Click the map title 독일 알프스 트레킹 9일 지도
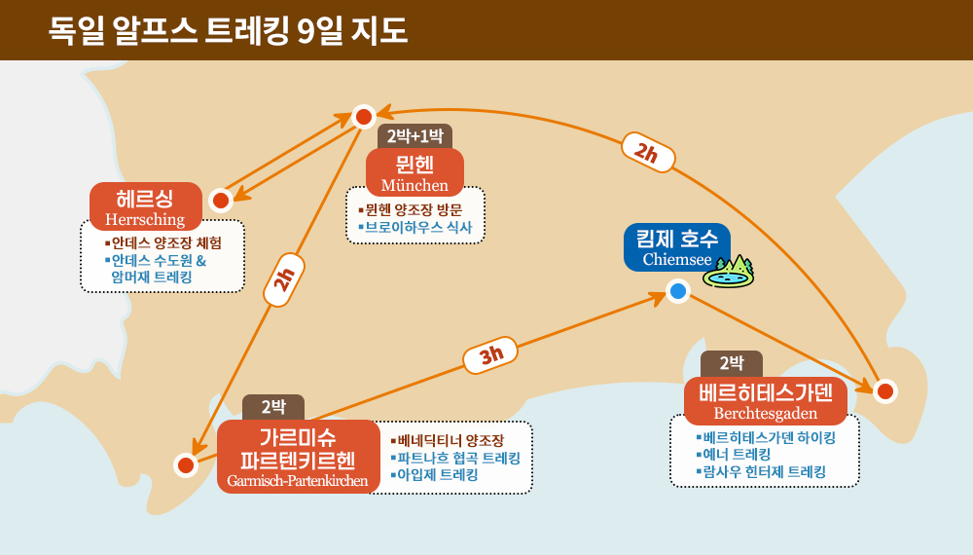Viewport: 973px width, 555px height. click(229, 30)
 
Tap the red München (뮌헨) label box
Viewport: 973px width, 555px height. click(414, 172)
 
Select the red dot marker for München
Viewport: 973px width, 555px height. click(364, 117)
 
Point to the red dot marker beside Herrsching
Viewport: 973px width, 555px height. click(221, 201)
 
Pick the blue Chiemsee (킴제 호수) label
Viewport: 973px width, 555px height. click(676, 247)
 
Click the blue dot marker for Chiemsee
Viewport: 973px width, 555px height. click(678, 291)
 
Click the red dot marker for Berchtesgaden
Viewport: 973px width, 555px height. click(884, 391)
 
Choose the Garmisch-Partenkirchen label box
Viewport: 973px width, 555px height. click(298, 457)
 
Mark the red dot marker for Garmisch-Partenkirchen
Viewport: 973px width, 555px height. click(186, 465)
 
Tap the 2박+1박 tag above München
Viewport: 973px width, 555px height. click(414, 136)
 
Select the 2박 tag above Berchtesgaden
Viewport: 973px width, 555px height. click(731, 364)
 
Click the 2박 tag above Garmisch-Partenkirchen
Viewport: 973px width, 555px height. click(273, 407)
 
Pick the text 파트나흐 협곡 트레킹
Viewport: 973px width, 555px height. click(458, 458)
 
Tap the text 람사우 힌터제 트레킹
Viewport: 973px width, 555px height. click(766, 471)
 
